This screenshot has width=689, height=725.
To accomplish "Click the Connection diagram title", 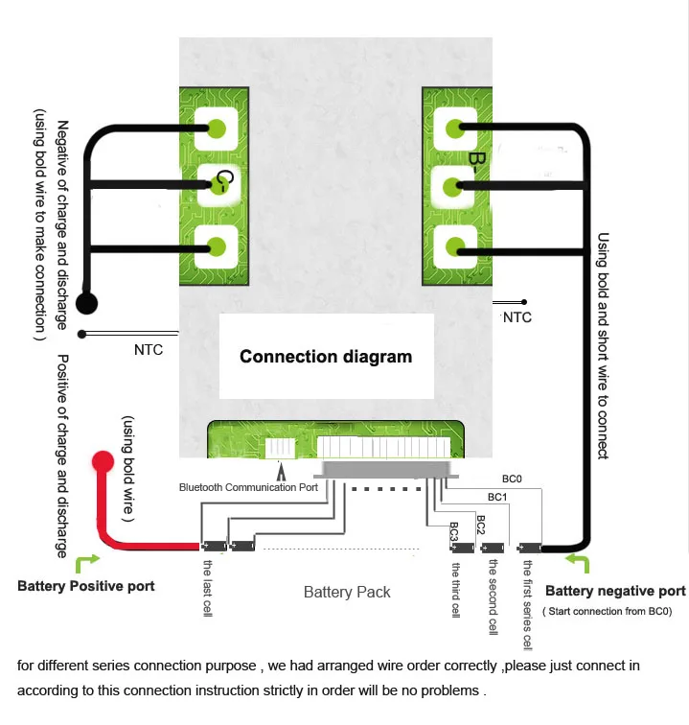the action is coord(326,357).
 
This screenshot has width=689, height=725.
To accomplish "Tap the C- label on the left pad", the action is coord(224,181).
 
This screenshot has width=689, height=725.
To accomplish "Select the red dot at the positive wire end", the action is coord(103,461).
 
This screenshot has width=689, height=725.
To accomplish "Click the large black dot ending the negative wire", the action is coord(86,303).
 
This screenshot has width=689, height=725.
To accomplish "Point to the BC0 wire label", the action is coord(512,479).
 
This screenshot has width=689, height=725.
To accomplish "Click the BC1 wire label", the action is coord(497,497).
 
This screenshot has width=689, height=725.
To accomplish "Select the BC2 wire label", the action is coord(481,525).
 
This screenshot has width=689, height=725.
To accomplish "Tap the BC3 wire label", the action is coord(454,531).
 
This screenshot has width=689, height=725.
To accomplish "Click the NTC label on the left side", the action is coord(149,350).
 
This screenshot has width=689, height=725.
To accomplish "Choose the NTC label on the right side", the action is coord(517,317).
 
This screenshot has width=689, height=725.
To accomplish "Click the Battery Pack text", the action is coord(347,592).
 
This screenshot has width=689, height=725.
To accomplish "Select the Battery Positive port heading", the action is coord(86,586).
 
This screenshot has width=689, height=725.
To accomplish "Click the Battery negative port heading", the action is coord(615,591).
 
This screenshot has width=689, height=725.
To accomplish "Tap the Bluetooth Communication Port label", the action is coord(248,487).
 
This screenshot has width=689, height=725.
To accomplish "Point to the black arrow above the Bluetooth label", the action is coord(281,471).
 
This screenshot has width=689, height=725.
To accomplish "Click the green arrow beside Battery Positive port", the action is coord(86,562).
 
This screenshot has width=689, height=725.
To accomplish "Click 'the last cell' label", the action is coord(208,588).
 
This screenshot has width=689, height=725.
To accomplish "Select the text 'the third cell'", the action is coord(456,590).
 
